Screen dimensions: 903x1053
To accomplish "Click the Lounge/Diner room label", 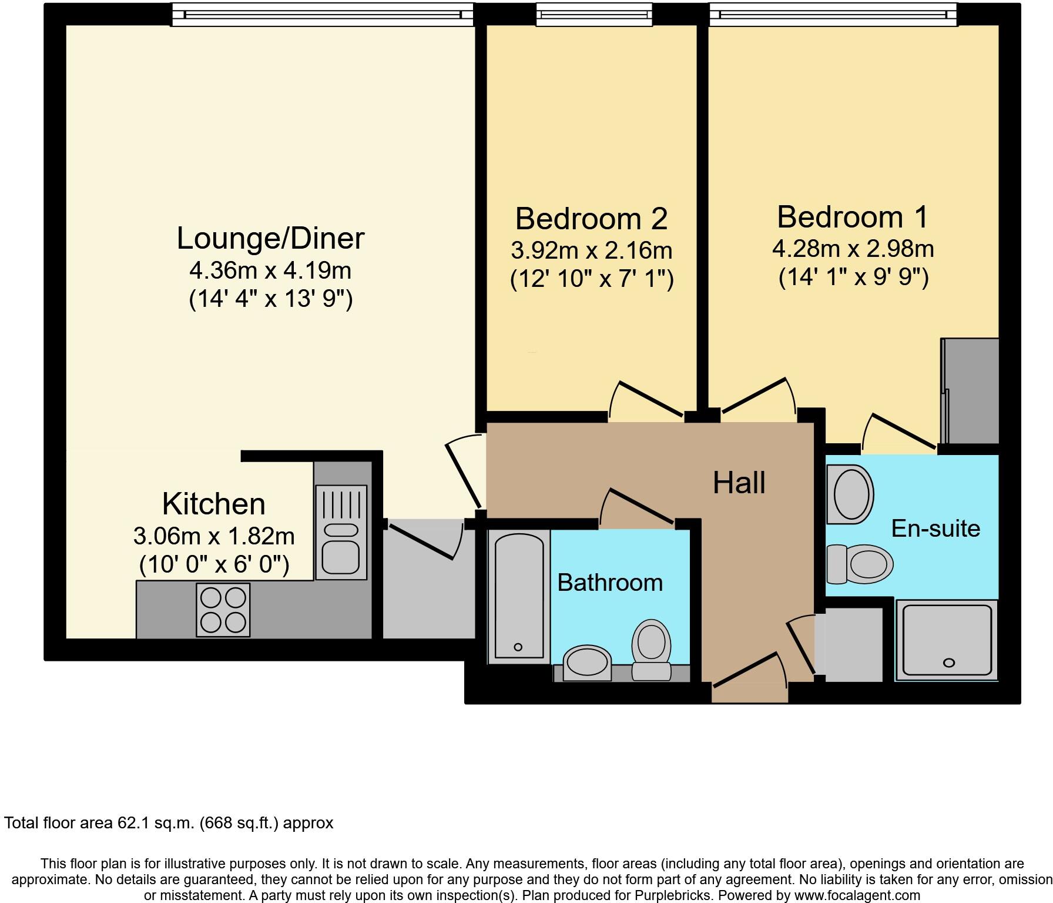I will [270, 239].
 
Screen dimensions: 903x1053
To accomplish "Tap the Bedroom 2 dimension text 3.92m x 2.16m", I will [591, 250].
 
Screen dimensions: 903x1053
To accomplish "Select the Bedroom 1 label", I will [853, 217].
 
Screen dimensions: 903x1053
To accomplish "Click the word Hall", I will [739, 483].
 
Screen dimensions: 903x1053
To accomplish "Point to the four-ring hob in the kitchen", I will [223, 610].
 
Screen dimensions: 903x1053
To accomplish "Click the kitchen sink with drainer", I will [341, 532].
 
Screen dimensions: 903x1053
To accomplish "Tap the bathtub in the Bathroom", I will [519, 596].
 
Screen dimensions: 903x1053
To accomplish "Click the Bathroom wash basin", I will [587, 663].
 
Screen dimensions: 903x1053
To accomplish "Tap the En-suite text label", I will [935, 529].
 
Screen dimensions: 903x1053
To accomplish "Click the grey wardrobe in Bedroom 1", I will [970, 391].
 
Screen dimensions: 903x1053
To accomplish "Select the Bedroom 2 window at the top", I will [593, 15].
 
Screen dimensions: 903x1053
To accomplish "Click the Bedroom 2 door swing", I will [646, 400].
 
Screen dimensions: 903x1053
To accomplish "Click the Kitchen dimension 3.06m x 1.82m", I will [214, 536].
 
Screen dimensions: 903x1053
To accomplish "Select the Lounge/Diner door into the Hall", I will [464, 473].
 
